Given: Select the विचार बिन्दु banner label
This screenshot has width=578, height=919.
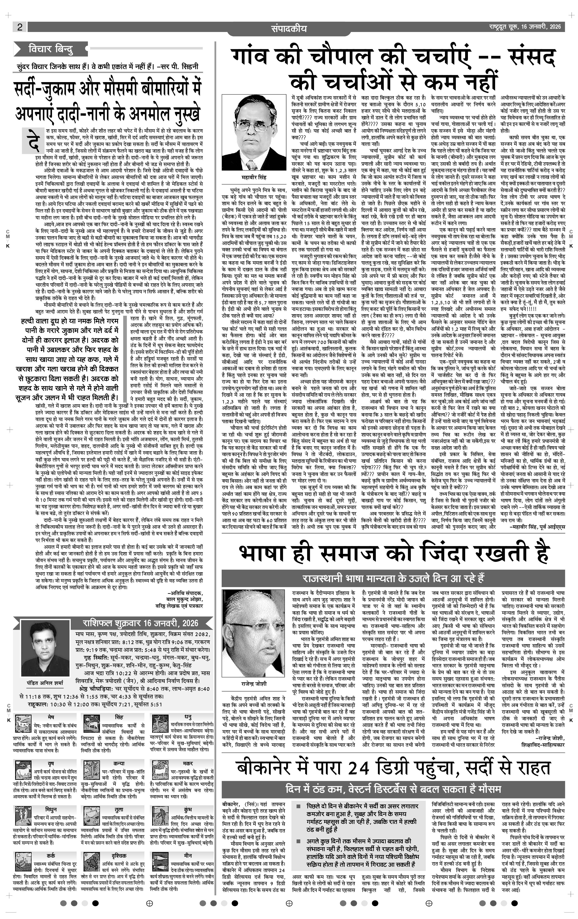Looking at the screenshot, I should pyautogui.click(x=51, y=49).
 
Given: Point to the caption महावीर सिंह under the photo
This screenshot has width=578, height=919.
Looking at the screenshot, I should pyautogui.click(x=254, y=177).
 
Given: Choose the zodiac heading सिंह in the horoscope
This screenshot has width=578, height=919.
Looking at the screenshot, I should pyautogui.click(x=119, y=717).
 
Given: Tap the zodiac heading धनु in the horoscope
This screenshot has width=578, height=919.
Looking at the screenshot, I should pyautogui.click(x=188, y=717).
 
